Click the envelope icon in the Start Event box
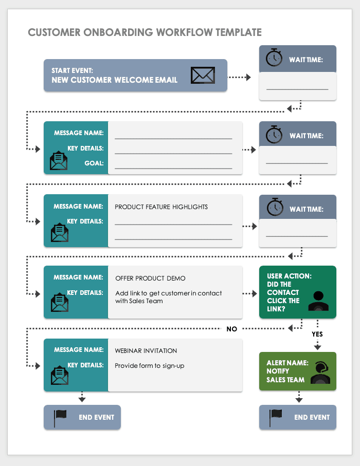point(202,75)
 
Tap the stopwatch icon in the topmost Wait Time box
point(274,58)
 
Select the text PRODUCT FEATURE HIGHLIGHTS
point(161,207)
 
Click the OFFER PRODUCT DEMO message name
point(150,278)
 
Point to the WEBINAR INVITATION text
point(146,351)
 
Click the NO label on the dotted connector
point(232,329)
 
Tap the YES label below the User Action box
point(317,334)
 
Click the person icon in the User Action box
point(318,302)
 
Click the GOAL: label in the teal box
point(94,163)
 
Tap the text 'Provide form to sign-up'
point(149,366)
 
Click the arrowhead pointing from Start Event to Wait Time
point(248,77)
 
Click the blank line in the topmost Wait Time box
point(297,89)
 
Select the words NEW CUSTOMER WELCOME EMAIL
point(114,80)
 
